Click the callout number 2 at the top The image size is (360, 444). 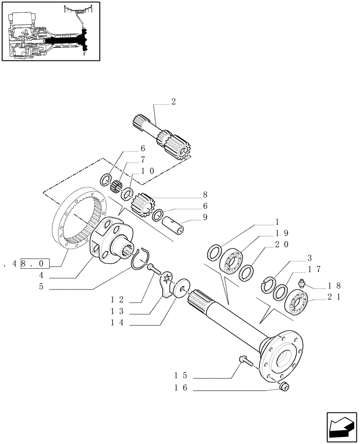click(173, 102)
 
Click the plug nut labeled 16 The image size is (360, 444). click(284, 388)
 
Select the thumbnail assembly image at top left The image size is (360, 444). click(50, 32)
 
